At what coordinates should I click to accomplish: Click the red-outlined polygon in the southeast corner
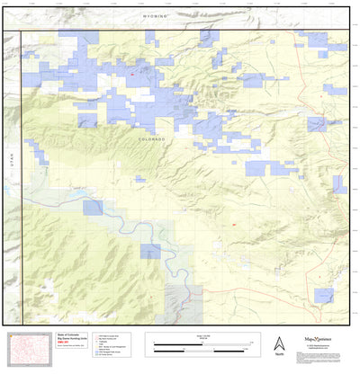pyautogui.click(x=322, y=294)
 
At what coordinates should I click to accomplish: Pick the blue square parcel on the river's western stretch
pyautogui.click(x=93, y=208)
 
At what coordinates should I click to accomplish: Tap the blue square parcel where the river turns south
pyautogui.click(x=150, y=251)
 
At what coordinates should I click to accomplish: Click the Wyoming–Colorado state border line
pyautogui.click(x=180, y=31)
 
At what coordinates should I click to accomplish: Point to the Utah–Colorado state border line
pyautogui.click(x=21, y=180)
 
